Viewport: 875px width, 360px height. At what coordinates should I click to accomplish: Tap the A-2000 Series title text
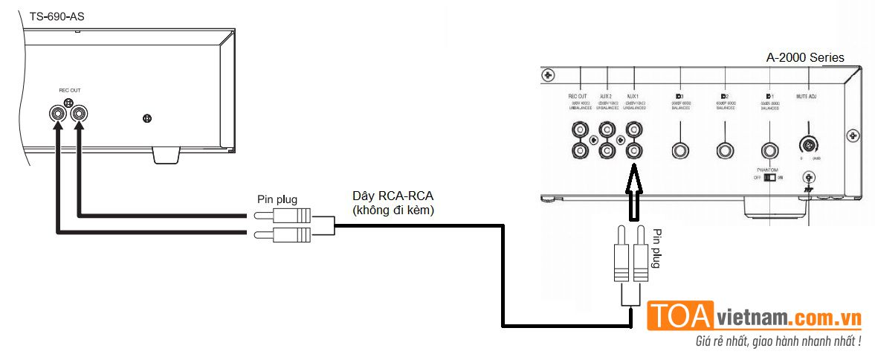click(805, 57)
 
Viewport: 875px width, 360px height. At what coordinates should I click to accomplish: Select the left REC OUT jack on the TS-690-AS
click(56, 114)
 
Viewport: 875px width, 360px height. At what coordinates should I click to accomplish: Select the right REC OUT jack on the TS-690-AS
click(79, 114)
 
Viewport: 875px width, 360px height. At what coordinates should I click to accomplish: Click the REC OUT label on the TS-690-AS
click(69, 90)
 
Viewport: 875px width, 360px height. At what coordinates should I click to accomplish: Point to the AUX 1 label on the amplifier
click(633, 97)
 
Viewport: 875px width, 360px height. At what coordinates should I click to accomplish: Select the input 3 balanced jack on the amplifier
click(679, 151)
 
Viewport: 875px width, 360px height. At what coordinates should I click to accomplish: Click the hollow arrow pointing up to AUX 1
click(633, 193)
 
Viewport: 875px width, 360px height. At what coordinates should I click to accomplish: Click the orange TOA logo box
click(681, 315)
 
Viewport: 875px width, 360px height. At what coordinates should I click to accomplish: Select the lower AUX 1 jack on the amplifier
click(633, 151)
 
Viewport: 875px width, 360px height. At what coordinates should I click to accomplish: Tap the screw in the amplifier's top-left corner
click(548, 75)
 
